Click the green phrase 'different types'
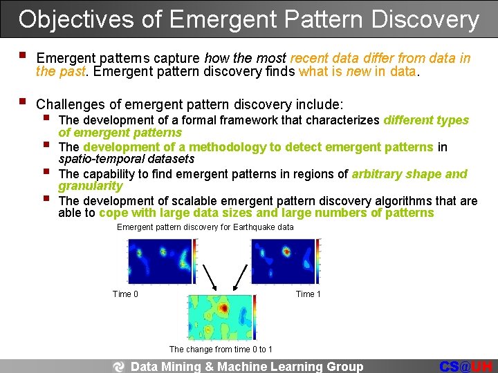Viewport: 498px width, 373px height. click(426, 120)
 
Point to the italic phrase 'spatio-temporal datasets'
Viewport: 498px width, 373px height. click(127, 159)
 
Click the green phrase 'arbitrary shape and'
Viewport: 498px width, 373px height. click(409, 174)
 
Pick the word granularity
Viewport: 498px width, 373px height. click(91, 186)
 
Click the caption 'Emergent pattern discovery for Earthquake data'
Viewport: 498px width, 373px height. click(205, 227)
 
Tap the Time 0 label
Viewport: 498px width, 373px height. click(125, 294)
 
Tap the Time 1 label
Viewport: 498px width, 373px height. click(308, 294)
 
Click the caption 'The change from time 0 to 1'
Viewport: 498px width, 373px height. click(221, 350)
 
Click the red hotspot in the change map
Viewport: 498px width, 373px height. click(223, 307)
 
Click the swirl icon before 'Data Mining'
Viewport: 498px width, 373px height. click(118, 367)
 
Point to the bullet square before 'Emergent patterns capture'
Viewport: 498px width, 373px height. click(24, 55)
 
